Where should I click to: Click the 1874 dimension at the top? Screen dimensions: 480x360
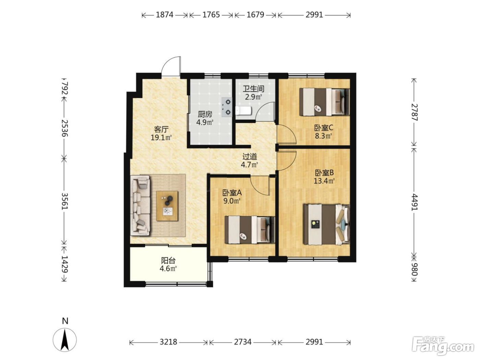(165, 15)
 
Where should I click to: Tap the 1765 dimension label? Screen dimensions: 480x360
(211, 15)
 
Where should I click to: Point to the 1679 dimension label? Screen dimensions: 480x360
(255, 15)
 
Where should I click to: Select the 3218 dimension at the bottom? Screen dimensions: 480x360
(168, 341)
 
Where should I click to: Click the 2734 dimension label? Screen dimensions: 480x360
(243, 341)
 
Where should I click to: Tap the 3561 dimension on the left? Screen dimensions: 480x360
(64, 201)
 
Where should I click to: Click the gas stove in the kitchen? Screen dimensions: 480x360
(227, 107)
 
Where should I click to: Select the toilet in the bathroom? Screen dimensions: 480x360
(244, 111)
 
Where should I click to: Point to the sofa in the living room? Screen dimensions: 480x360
(140, 206)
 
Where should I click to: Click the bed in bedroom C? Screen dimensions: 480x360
(324, 102)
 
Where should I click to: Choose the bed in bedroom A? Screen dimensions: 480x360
(250, 230)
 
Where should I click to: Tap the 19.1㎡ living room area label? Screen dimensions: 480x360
(161, 138)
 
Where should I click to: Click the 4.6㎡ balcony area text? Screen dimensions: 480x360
(168, 269)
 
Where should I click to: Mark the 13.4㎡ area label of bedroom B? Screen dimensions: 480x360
(324, 181)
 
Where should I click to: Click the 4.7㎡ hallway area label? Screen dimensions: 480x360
(249, 165)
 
